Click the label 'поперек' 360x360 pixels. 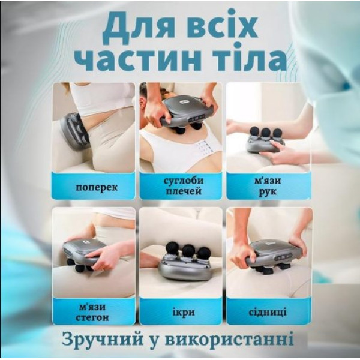(x=97, y=188)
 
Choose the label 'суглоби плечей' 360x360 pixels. (x=184, y=186)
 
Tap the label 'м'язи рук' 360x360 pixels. (x=268, y=186)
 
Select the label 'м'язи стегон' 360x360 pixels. (x=92, y=312)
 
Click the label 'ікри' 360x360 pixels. (x=184, y=312)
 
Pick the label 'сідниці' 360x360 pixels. (x=268, y=312)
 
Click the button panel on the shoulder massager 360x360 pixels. (x=196, y=119)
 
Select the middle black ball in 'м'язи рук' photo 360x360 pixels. (x=266, y=133)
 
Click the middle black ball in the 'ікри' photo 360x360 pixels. (x=189, y=251)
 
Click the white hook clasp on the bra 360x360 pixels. (x=205, y=146)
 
